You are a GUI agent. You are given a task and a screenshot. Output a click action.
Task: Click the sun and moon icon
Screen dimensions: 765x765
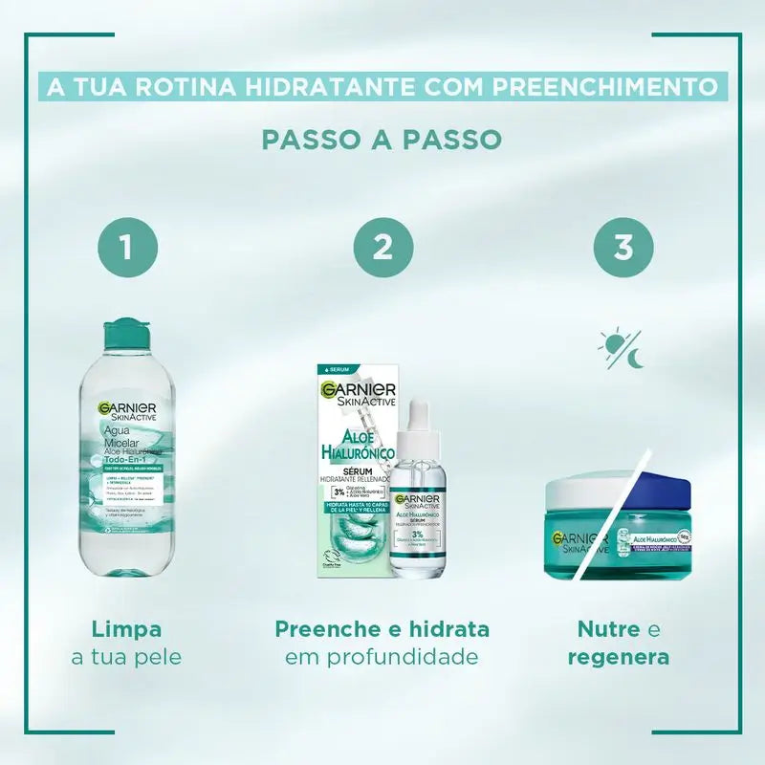pos(623,349)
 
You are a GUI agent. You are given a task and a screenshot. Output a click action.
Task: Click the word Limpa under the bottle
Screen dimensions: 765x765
pos(125,629)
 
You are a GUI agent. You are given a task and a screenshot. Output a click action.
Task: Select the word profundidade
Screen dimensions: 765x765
pos(382,658)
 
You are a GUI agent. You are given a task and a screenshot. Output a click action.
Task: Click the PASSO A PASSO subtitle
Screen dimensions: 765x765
pos(382,139)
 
